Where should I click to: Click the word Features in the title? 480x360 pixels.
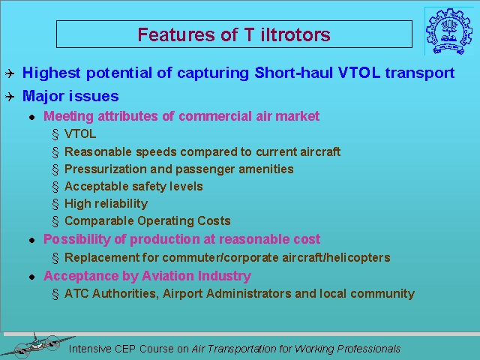[x=176, y=34]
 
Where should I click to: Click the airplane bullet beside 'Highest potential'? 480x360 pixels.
[x=10, y=73]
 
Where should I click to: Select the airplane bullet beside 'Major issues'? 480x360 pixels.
[x=10, y=97]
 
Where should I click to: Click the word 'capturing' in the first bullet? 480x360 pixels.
[x=213, y=73]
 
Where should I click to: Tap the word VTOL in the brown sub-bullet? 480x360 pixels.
[x=80, y=133]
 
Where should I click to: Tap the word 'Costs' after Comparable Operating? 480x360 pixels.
[x=214, y=220]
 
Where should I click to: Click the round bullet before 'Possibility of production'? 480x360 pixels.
[x=32, y=240]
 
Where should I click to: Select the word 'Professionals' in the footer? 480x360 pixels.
[x=368, y=349]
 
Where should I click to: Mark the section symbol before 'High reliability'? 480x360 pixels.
[x=55, y=204]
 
